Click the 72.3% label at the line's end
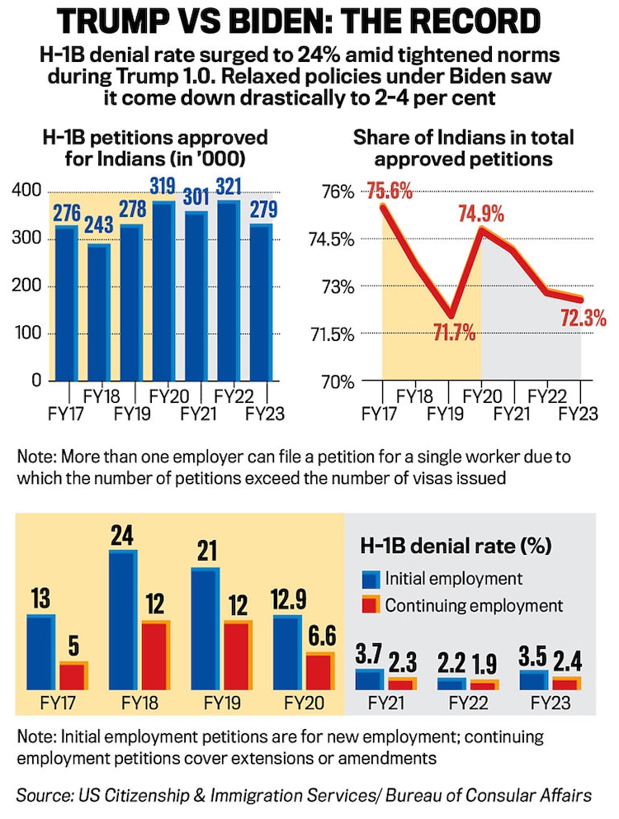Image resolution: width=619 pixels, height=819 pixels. tap(583, 318)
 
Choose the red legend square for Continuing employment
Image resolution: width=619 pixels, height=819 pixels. tap(368, 605)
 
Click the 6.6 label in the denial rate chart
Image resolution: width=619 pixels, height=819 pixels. tap(320, 638)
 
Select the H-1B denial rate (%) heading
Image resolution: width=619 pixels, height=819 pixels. tap(456, 546)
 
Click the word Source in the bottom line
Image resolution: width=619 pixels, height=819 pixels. tap(43, 796)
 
